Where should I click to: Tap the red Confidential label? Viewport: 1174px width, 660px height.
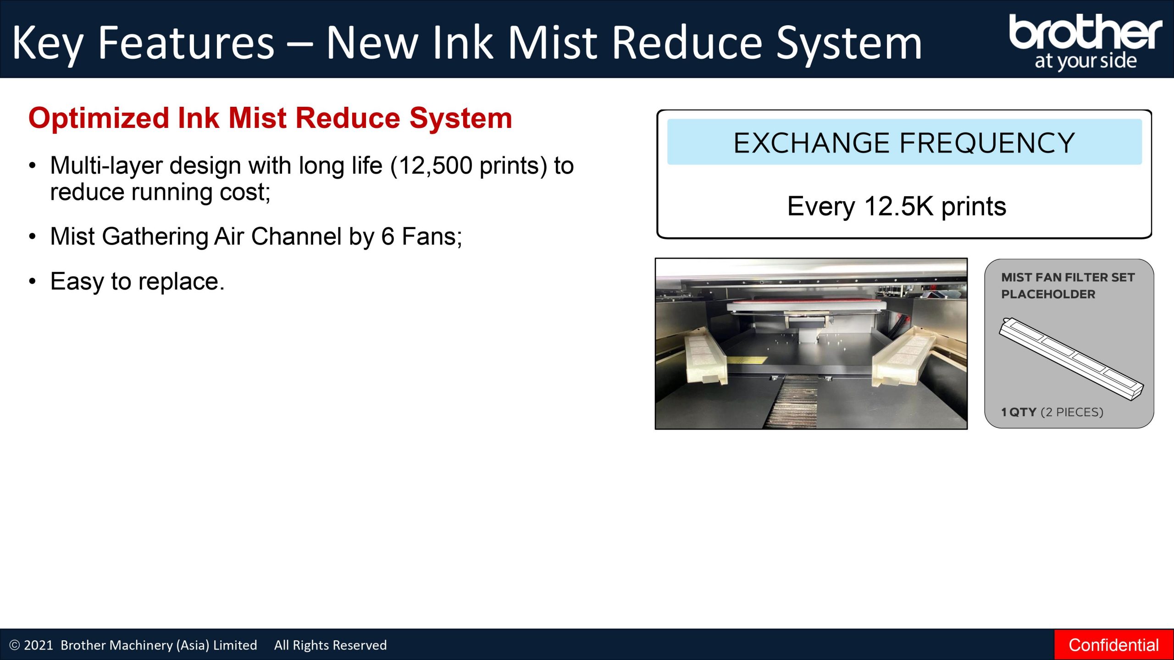1113,645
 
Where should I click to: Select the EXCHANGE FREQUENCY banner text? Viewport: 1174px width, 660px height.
904,143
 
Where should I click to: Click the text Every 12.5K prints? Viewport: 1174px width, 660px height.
897,206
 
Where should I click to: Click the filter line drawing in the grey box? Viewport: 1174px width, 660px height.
1071,358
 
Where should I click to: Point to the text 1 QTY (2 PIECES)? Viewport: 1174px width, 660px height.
1052,412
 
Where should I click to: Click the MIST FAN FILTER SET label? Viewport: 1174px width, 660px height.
1068,277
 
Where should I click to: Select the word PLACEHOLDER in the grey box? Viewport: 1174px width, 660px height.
1048,294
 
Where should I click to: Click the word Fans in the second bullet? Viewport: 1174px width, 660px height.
428,237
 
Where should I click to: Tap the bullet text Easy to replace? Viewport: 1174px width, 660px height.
137,281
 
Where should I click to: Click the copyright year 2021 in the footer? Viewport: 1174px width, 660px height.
39,645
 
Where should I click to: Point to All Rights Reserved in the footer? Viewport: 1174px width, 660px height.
330,645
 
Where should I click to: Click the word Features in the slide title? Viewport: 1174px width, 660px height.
186,43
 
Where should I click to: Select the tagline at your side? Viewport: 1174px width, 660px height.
1085,61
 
